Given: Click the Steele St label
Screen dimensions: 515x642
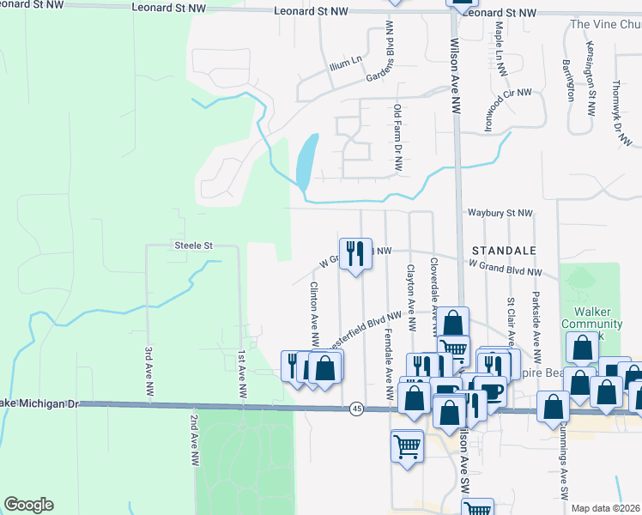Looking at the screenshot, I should tap(193, 245).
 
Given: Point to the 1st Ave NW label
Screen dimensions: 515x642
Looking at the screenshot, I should tap(243, 373).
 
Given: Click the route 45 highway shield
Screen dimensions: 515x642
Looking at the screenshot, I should tap(355, 409).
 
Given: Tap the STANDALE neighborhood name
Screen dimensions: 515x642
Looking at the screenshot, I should tap(504, 250).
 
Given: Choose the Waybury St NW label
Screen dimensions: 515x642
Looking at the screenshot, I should tap(500, 213).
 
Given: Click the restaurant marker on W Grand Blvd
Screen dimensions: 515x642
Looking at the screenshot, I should tap(355, 253).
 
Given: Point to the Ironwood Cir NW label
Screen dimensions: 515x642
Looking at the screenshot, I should tap(507, 110).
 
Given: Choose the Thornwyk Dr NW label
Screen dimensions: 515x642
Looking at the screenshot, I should tap(617, 112).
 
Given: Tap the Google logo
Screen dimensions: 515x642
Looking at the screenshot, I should tap(28, 505).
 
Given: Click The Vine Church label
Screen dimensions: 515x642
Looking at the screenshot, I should tap(605, 24).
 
